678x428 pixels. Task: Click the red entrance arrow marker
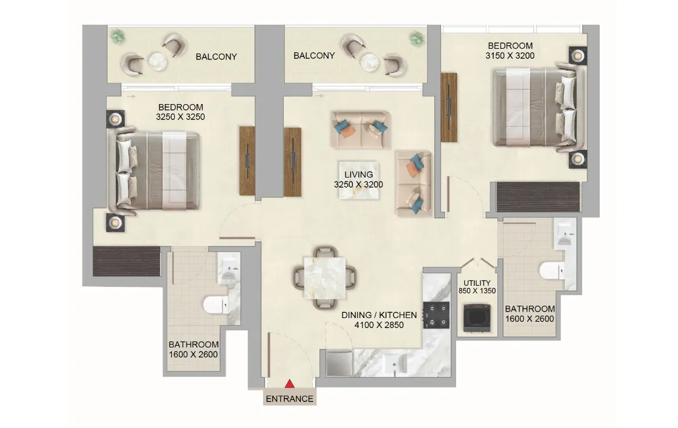pos(290,384)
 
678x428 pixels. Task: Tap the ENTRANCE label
pos(290,399)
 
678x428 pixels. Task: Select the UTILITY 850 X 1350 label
pos(477,287)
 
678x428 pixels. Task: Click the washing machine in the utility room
pos(476,318)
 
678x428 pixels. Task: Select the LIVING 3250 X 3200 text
pos(358,179)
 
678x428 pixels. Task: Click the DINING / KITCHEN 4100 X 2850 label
pos(379,320)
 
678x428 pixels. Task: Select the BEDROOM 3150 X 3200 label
pos(510,51)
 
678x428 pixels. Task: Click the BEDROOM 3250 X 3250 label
pos(180,112)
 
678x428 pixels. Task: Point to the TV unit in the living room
pos(293,162)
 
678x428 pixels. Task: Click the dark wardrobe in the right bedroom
pos(538,197)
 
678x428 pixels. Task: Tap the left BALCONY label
pos(216,57)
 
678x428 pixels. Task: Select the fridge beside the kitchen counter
pos(338,363)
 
